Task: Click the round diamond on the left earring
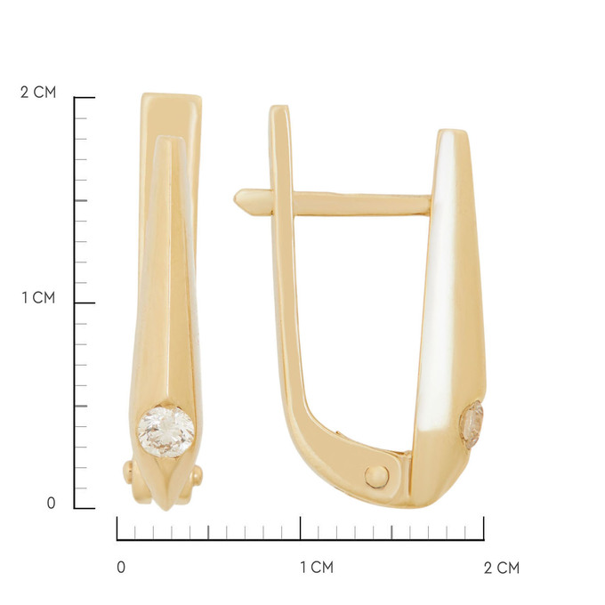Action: click(x=166, y=431)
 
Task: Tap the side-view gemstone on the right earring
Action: click(x=472, y=424)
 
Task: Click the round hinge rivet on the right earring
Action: click(x=377, y=477)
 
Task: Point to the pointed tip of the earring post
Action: click(x=235, y=199)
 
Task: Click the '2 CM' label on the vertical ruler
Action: click(x=38, y=93)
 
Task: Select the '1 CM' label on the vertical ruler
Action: click(x=38, y=298)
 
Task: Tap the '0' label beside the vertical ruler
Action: click(x=51, y=504)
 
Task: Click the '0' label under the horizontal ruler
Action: click(x=121, y=568)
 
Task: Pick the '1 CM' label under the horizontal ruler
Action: click(x=317, y=568)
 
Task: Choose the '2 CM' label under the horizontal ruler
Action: click(x=502, y=568)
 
